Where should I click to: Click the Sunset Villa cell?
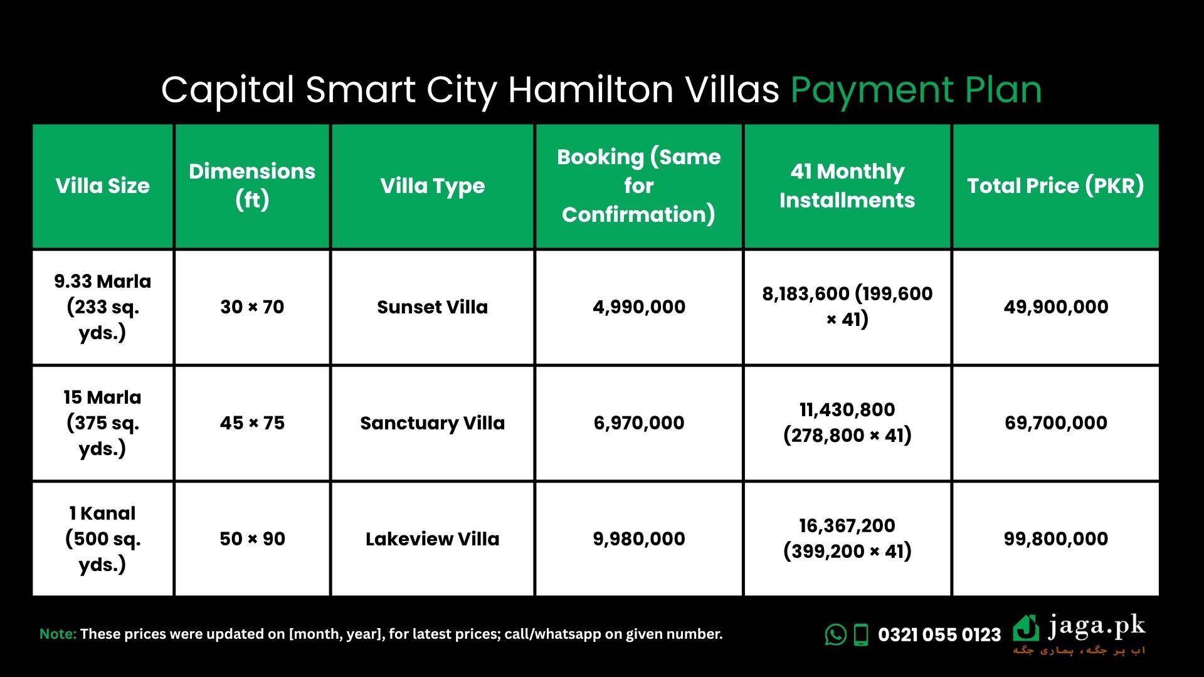(432, 307)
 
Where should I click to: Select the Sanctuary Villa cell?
(432, 423)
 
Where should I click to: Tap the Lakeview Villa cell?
(432, 539)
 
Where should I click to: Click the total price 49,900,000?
(1055, 307)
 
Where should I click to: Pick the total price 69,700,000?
(1055, 423)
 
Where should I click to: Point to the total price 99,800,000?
(1055, 539)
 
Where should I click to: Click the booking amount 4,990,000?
(639, 307)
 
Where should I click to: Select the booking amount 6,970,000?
(639, 423)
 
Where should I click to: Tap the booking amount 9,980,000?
(639, 539)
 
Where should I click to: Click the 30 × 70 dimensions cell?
(252, 307)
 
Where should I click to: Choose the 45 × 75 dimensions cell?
(252, 423)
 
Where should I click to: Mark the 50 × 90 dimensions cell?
(252, 539)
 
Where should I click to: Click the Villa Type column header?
(432, 186)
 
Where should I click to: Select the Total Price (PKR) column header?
(1055, 186)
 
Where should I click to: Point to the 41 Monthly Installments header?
(847, 186)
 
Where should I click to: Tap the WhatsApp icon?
(835, 635)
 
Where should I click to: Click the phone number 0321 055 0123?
(939, 635)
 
